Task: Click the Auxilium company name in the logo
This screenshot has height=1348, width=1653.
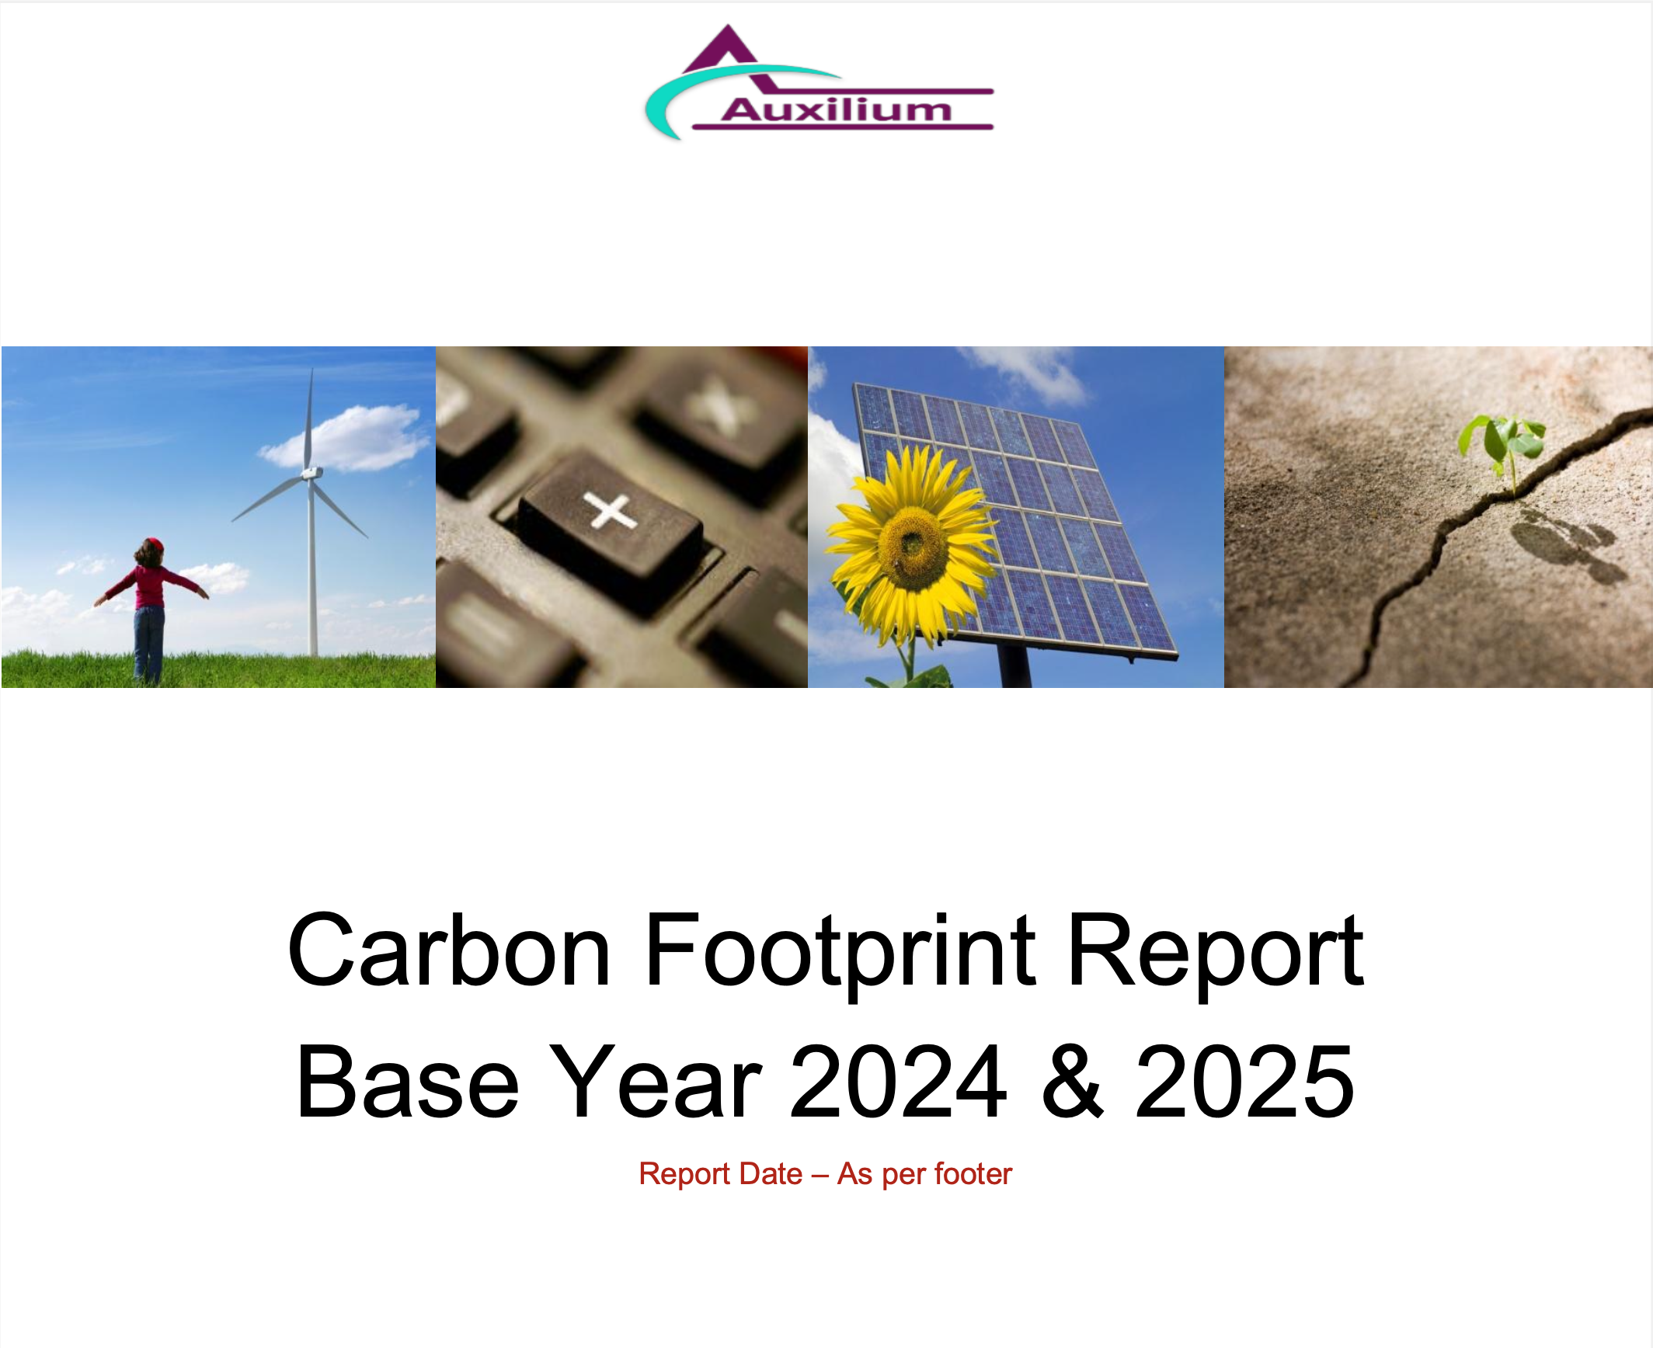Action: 837,109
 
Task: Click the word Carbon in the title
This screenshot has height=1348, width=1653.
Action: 449,950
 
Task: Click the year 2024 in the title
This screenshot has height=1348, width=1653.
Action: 898,1081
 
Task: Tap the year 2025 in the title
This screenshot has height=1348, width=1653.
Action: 1245,1081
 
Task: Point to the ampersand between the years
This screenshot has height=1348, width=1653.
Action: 1072,1081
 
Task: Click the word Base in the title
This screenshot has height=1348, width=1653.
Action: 408,1081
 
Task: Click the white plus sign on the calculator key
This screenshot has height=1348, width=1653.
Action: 611,511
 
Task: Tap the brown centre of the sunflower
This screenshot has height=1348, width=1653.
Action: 913,545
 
